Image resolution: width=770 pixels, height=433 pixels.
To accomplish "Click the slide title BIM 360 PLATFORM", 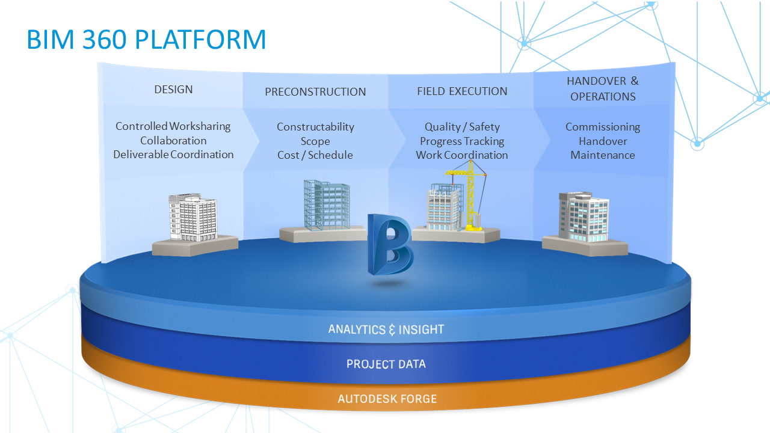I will (146, 40).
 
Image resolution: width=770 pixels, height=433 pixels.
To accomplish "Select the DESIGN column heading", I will (173, 90).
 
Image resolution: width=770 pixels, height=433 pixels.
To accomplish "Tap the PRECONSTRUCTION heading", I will (315, 92).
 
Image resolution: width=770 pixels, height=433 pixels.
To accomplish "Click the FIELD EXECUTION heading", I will (462, 91).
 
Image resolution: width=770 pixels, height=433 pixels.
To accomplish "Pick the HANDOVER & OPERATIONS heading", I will (603, 88).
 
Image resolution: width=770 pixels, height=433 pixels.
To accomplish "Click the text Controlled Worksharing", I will (173, 126).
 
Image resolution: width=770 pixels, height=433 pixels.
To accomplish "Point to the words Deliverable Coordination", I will (173, 155).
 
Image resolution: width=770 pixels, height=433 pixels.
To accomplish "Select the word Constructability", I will (315, 127).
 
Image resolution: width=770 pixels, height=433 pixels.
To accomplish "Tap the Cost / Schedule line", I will (315, 155).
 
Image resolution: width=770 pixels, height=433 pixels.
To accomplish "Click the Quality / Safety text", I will (462, 127).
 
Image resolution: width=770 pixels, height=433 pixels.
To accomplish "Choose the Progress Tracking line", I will (462, 141).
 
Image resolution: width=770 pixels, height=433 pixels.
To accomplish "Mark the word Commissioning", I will (603, 127).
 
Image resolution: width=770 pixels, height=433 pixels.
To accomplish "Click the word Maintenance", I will (603, 155).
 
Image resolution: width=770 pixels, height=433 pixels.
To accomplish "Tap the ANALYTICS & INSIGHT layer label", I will (386, 330).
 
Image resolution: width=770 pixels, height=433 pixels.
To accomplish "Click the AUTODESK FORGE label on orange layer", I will (387, 399).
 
